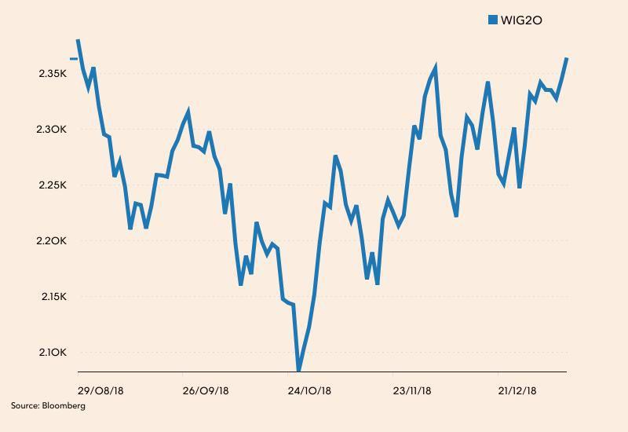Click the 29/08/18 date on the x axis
tap(100, 390)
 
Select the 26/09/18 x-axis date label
tap(206, 390)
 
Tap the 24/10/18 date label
tap(310, 390)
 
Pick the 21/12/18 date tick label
tap(517, 390)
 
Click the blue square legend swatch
tap(493, 20)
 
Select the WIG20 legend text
tap(522, 20)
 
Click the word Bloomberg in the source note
tap(64, 406)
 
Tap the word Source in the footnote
tap(24, 406)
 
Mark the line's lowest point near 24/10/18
tap(298, 369)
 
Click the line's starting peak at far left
tap(78, 39)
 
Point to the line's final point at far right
tap(566, 59)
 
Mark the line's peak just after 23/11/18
tap(435, 69)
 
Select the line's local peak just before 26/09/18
tap(188, 112)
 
